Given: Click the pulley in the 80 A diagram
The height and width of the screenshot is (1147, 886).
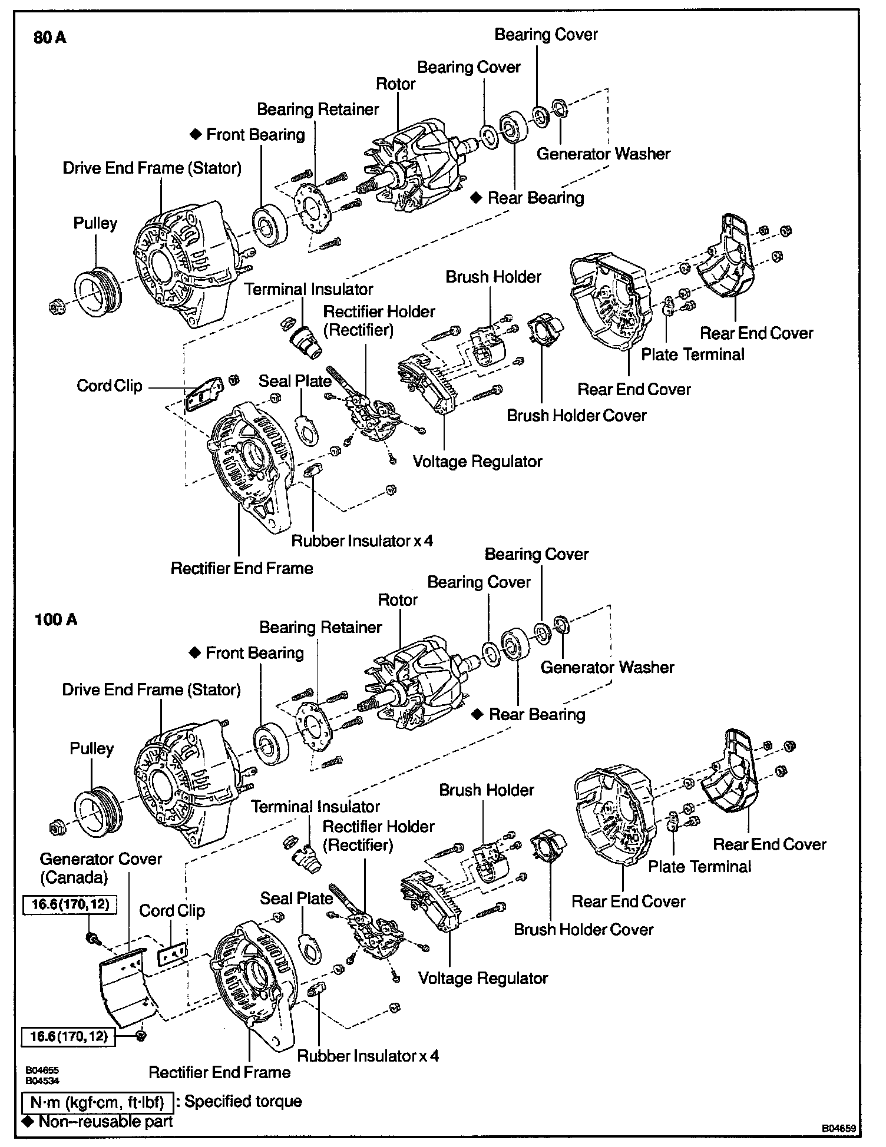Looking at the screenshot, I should (97, 291).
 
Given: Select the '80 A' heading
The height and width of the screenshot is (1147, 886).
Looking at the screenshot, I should (50, 38).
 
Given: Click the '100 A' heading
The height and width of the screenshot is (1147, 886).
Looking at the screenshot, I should (56, 619).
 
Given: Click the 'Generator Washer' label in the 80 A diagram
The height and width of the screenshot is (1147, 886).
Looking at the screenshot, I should (603, 154).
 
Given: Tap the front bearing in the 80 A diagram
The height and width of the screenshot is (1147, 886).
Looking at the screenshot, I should (270, 226).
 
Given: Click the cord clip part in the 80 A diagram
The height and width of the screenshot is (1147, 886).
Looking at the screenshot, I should (204, 394).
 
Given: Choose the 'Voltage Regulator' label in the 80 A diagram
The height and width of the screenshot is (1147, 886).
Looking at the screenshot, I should (477, 461).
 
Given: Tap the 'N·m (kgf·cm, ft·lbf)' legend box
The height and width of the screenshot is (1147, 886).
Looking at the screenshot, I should (97, 1102).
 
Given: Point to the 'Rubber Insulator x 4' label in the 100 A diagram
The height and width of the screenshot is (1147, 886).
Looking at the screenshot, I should (368, 1055).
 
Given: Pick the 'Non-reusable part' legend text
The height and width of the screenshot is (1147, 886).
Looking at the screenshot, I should (105, 1121).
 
